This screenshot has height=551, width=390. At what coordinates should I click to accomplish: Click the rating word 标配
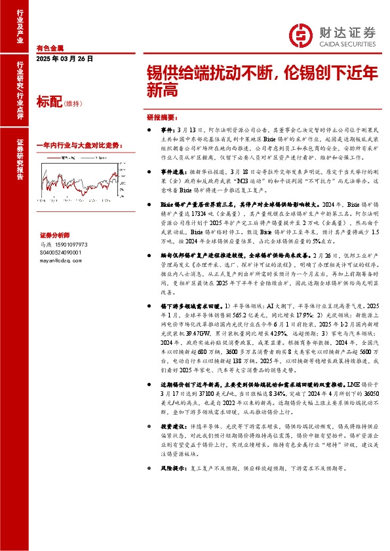(x=49, y=101)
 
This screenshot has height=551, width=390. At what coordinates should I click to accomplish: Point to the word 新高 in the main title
(x=160, y=92)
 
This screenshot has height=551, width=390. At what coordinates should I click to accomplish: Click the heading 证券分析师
(x=54, y=234)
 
